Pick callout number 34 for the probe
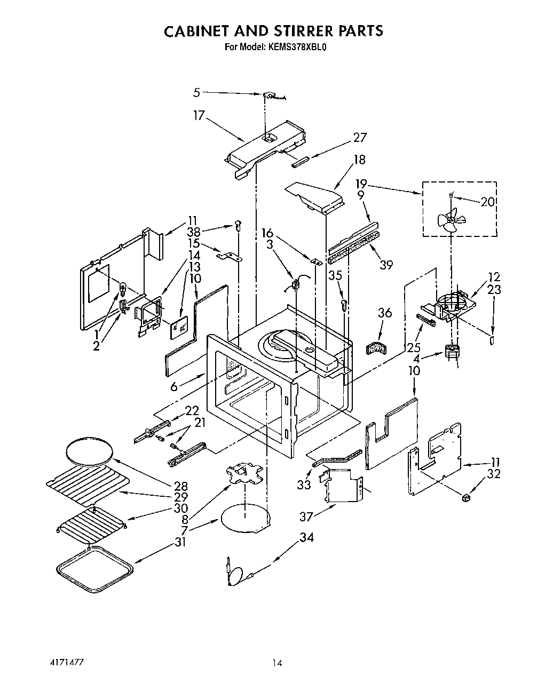click(306, 537)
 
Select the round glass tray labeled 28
click(90, 451)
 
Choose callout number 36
click(384, 313)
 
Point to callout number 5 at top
click(196, 92)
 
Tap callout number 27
click(360, 137)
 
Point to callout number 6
click(174, 386)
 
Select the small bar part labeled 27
click(300, 161)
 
